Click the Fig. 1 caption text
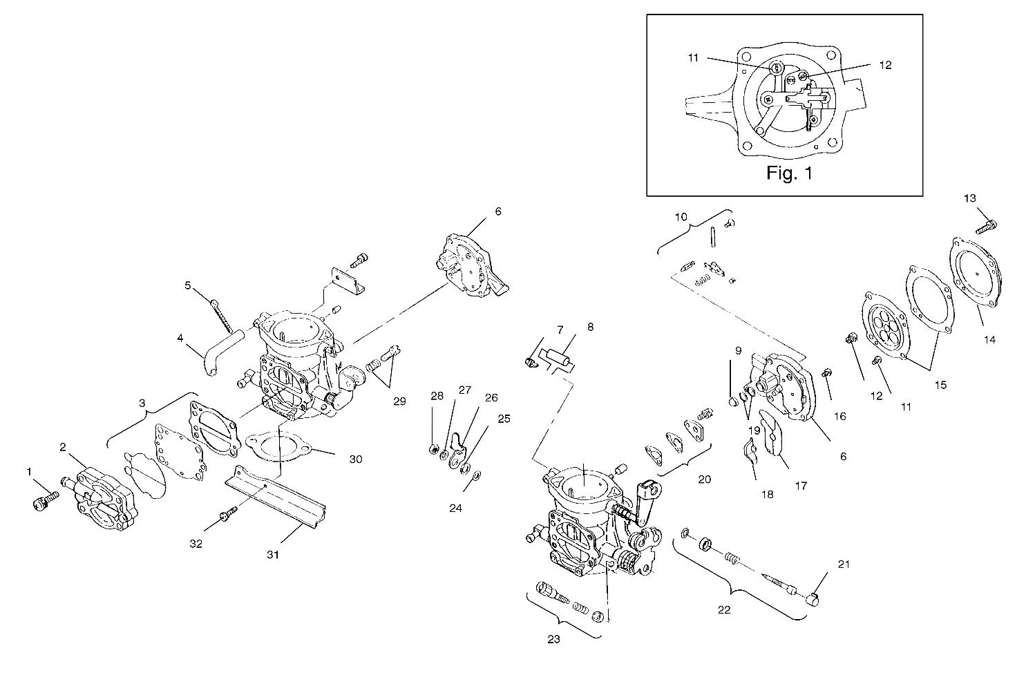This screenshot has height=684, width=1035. [789, 173]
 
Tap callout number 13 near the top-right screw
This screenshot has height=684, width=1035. [969, 198]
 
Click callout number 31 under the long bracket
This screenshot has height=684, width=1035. [273, 554]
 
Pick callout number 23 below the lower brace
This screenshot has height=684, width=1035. [553, 639]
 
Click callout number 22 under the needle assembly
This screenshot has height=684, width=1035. [724, 610]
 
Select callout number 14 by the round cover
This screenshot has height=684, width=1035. [989, 339]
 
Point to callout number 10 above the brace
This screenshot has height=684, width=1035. [681, 216]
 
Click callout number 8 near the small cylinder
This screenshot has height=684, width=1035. [590, 327]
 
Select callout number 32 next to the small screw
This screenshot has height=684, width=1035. [196, 544]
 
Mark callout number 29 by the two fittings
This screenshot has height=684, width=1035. [399, 401]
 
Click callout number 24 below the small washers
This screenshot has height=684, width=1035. [455, 508]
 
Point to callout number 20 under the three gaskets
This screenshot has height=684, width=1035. [705, 479]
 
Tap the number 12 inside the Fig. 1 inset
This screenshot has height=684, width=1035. [885, 65]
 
